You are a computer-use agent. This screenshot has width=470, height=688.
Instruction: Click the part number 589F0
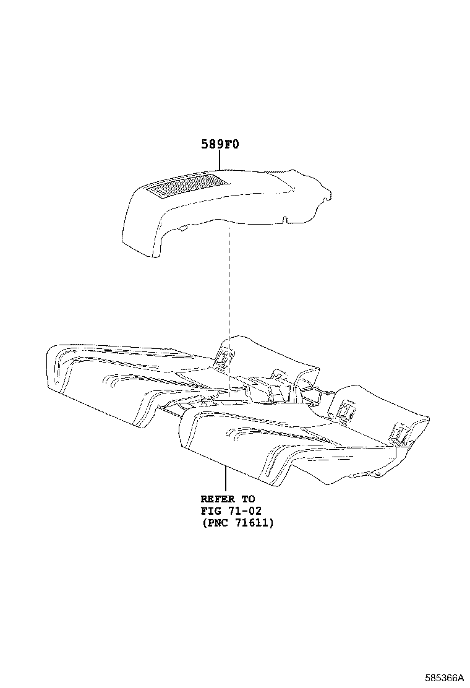220,144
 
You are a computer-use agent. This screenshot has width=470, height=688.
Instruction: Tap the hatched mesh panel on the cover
186,184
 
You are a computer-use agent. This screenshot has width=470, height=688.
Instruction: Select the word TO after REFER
248,499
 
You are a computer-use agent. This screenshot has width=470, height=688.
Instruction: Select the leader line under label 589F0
220,160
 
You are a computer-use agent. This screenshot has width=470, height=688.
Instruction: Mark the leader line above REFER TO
225,479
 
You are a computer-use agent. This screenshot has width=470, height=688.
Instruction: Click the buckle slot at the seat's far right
398,433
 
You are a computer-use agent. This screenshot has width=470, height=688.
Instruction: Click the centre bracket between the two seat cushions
277,385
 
